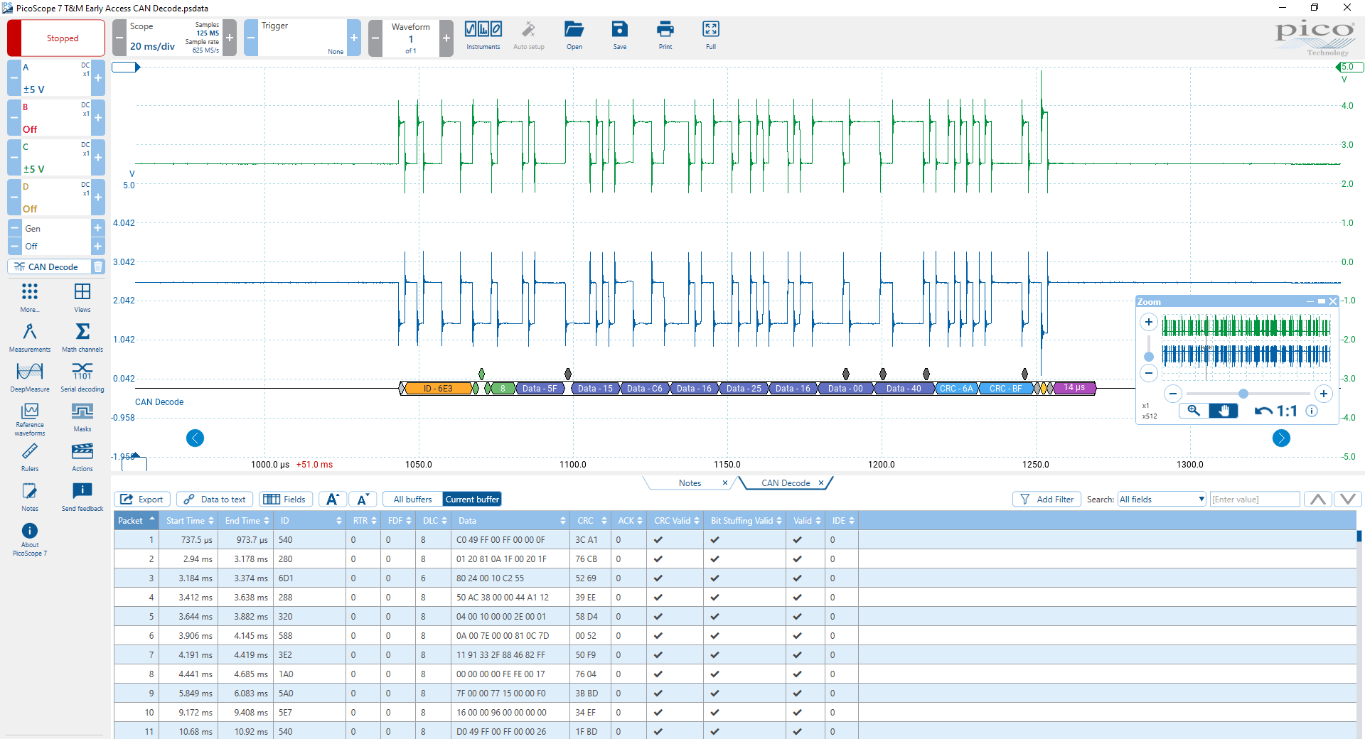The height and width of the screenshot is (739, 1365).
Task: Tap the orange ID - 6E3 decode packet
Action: (438, 389)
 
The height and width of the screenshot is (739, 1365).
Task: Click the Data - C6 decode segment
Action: (644, 389)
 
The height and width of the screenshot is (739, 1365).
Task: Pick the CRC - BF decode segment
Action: (1005, 389)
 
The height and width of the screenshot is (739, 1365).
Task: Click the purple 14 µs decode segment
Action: (1074, 388)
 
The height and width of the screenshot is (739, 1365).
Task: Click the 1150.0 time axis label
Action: (727, 465)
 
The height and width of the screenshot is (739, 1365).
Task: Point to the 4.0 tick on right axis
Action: (1347, 106)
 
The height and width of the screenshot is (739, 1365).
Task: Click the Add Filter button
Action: (1046, 500)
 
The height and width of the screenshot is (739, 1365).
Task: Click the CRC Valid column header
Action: (672, 521)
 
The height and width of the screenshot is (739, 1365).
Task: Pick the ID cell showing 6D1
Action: (286, 578)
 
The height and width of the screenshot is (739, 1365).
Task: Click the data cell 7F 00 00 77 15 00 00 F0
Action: (500, 694)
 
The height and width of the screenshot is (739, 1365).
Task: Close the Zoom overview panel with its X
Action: (1333, 301)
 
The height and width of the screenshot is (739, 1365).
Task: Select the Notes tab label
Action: (689, 483)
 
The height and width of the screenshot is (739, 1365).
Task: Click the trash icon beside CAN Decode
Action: (98, 267)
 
